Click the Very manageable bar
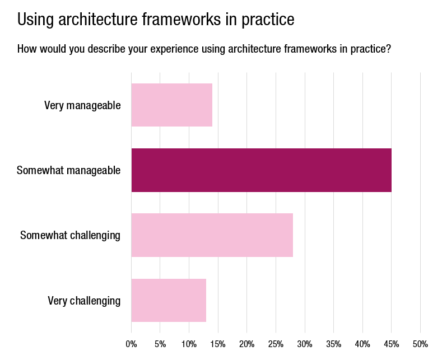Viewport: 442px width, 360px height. point(171,105)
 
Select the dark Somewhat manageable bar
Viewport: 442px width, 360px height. point(261,170)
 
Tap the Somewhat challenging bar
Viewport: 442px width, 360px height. point(212,235)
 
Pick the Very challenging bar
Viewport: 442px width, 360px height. point(169,300)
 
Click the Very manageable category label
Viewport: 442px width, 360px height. point(82,105)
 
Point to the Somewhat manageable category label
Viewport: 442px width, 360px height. point(69,170)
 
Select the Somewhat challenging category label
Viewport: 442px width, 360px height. point(70,235)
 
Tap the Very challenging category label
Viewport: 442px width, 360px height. point(84,301)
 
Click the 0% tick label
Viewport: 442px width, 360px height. point(131,344)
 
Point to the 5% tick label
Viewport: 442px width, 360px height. point(160,344)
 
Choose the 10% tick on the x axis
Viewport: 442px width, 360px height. point(189,344)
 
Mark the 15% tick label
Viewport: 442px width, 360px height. point(218,344)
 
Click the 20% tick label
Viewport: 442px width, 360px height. point(247,344)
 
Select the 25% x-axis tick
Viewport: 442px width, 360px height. point(276,344)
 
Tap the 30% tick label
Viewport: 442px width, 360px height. point(305,344)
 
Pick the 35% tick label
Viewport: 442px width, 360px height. point(334,344)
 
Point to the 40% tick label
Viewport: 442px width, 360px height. point(362,344)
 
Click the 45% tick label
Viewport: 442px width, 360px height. point(392,344)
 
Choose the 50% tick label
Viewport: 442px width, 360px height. point(420,344)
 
